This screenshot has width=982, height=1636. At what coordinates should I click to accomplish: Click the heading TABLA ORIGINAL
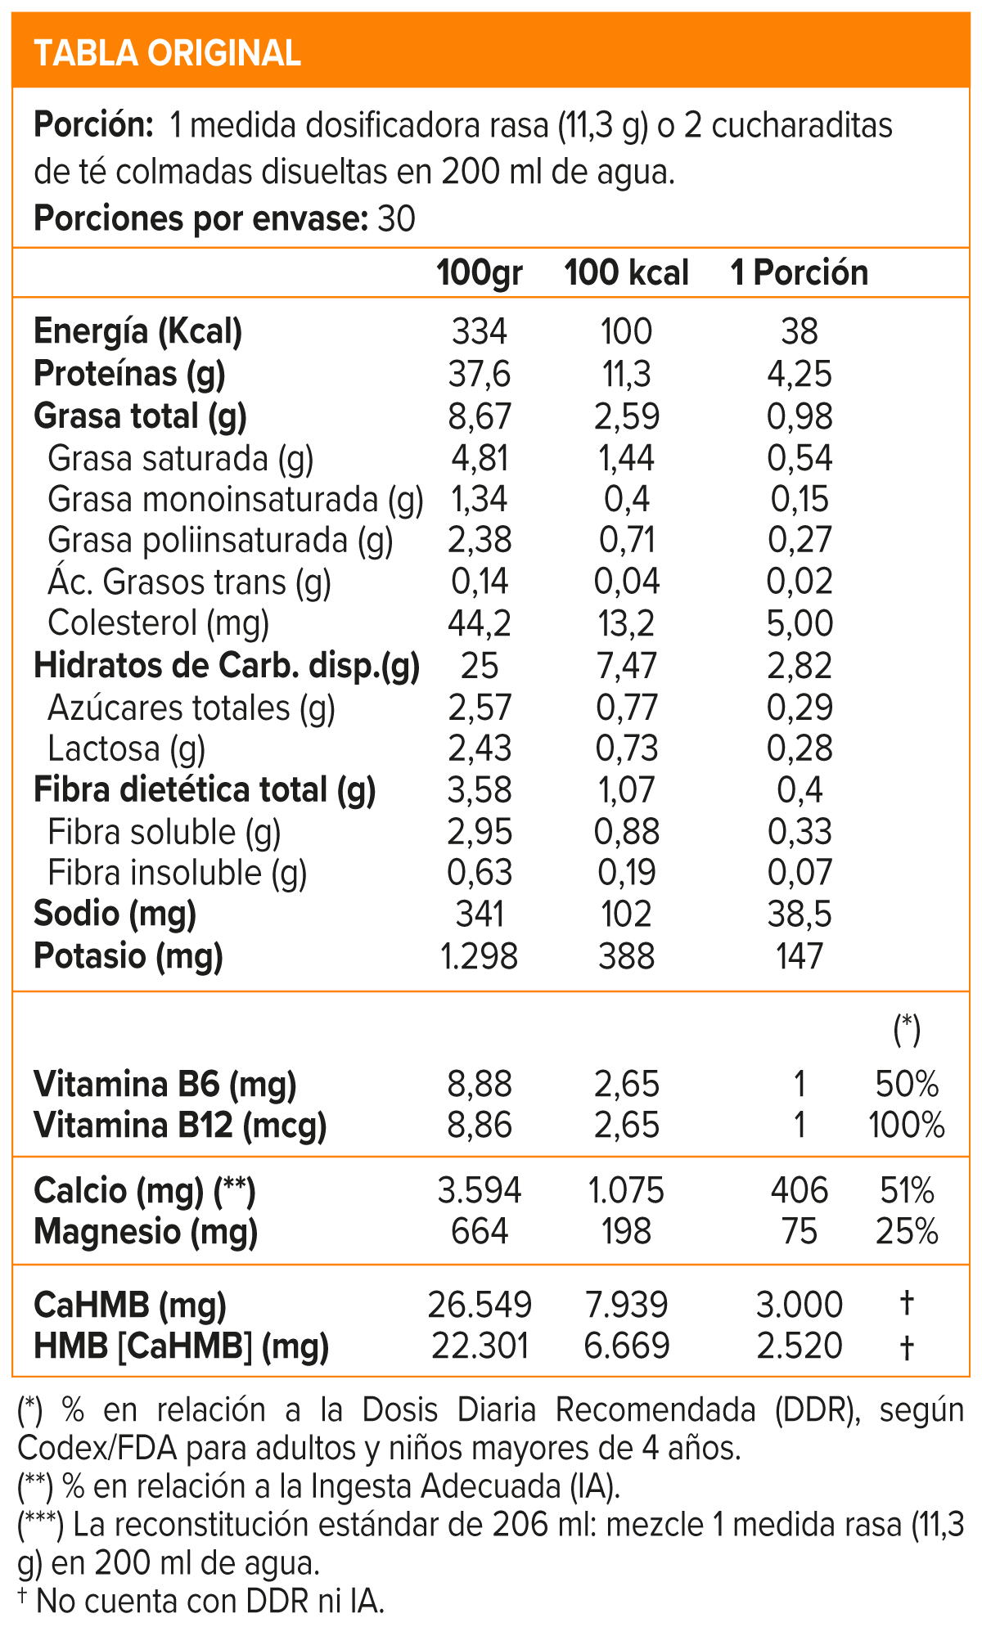(168, 53)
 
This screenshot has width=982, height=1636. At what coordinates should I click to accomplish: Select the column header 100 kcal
(626, 272)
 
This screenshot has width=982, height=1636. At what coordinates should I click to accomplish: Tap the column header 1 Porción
(800, 272)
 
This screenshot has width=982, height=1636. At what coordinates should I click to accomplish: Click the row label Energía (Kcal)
(137, 331)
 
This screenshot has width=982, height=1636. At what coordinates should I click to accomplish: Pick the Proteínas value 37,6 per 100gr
(480, 374)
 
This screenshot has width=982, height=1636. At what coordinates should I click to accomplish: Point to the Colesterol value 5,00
(800, 623)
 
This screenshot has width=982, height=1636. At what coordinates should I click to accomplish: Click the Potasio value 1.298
(480, 955)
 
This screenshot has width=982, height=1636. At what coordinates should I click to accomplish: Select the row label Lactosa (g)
(127, 748)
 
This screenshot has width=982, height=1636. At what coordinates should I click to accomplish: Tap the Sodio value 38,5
(800, 914)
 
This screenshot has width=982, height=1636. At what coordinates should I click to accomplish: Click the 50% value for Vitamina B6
(907, 1084)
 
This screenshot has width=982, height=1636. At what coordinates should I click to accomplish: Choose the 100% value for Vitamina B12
(907, 1125)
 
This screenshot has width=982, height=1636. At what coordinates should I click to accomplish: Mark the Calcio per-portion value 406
(800, 1190)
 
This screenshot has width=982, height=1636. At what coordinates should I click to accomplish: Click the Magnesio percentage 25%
(907, 1231)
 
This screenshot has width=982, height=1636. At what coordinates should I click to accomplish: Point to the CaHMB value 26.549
(480, 1305)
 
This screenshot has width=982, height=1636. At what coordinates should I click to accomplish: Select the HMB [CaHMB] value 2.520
(800, 1346)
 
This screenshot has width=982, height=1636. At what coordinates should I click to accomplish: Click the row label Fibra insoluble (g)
(178, 873)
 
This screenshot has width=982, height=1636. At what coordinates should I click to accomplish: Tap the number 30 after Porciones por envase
(397, 219)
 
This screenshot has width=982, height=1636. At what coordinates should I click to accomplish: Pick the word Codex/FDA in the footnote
(97, 1448)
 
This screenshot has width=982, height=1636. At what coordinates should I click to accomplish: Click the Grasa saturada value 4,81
(480, 458)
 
